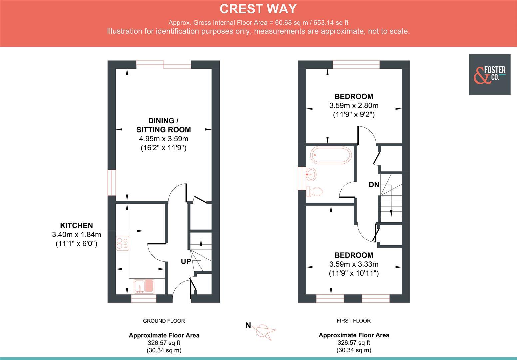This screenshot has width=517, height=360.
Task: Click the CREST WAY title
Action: point(258,9)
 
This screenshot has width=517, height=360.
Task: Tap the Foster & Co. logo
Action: point(489,75)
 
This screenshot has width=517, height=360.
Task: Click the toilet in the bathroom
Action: point(314,191)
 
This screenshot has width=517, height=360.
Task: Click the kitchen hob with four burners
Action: point(122,243)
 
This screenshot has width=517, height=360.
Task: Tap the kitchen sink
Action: point(144,286)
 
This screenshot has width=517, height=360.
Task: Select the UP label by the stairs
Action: point(186,262)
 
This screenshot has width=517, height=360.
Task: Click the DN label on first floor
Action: point(374,184)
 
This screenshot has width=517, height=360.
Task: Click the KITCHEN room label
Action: point(76,225)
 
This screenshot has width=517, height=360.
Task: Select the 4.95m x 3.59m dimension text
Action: point(163,139)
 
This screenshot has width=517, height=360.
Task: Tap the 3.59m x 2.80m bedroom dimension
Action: point(354,106)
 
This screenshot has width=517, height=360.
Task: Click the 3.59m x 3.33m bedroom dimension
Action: point(354,264)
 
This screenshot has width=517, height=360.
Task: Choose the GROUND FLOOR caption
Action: point(164,321)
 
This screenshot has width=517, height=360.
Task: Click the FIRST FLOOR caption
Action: point(354,321)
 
